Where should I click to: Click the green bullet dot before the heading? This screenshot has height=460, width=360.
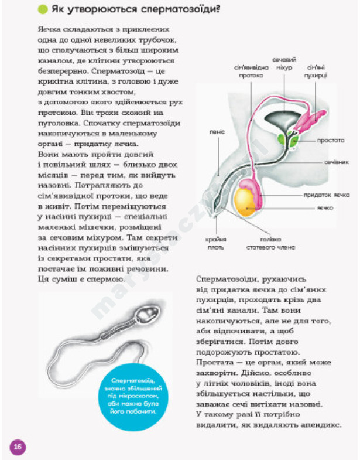click(43, 9)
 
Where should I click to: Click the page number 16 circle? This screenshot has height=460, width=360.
click(17, 447)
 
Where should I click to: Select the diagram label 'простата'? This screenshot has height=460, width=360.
click(331, 141)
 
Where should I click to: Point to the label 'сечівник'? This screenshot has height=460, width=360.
click(337, 162)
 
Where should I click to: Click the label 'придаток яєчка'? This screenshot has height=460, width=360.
click(327, 195)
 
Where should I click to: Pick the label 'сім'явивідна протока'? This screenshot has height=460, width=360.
click(251, 71)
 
